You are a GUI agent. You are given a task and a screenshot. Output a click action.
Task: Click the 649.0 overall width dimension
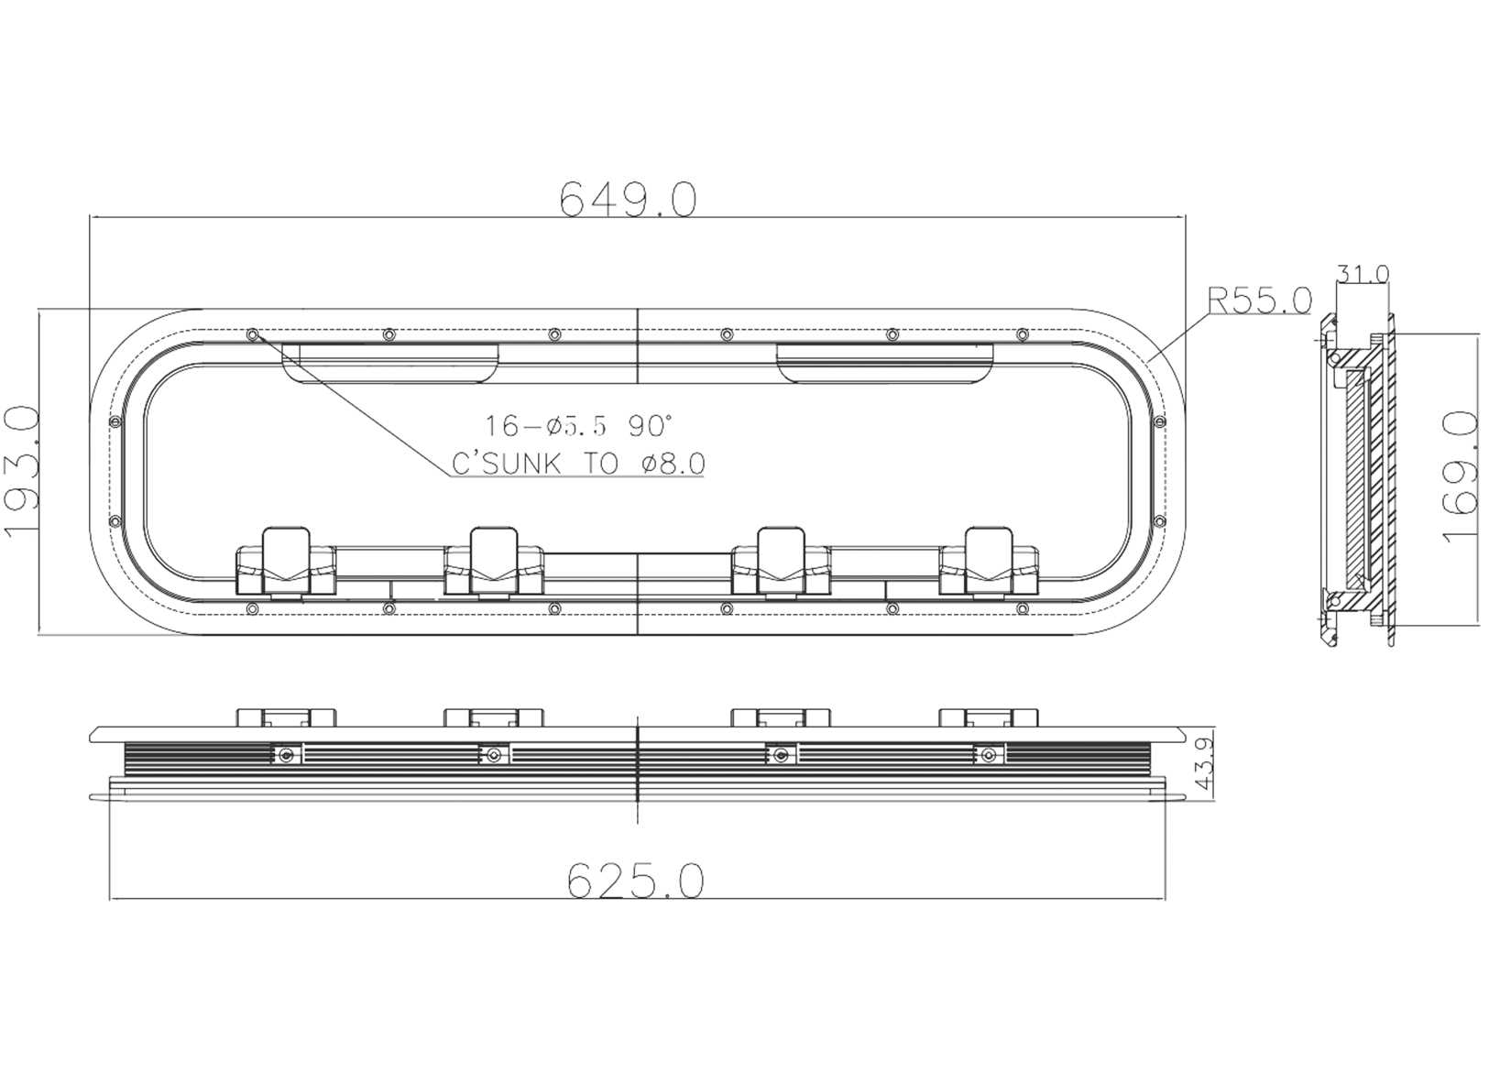point(629,199)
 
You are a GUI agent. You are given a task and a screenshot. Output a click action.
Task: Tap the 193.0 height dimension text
point(22,473)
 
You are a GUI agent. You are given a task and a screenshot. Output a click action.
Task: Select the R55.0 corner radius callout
point(1259,301)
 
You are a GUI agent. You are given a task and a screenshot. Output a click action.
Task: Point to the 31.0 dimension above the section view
point(1363,273)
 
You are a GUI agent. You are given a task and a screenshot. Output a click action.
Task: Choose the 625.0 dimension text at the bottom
point(635,881)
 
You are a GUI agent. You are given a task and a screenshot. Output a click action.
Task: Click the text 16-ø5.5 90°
point(578,426)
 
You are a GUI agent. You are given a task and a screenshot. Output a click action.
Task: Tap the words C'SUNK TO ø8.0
point(578,464)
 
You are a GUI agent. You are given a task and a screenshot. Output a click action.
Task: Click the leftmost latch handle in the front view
point(286,560)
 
